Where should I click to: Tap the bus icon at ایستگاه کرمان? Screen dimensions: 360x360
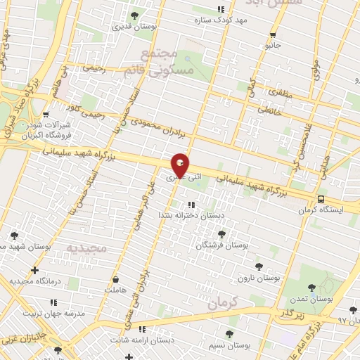tap(321, 199)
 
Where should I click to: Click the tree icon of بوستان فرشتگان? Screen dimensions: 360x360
tap(221, 233)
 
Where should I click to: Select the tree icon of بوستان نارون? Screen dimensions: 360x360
tap(259, 266)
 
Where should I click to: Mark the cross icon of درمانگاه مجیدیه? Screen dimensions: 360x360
tap(34, 270)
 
